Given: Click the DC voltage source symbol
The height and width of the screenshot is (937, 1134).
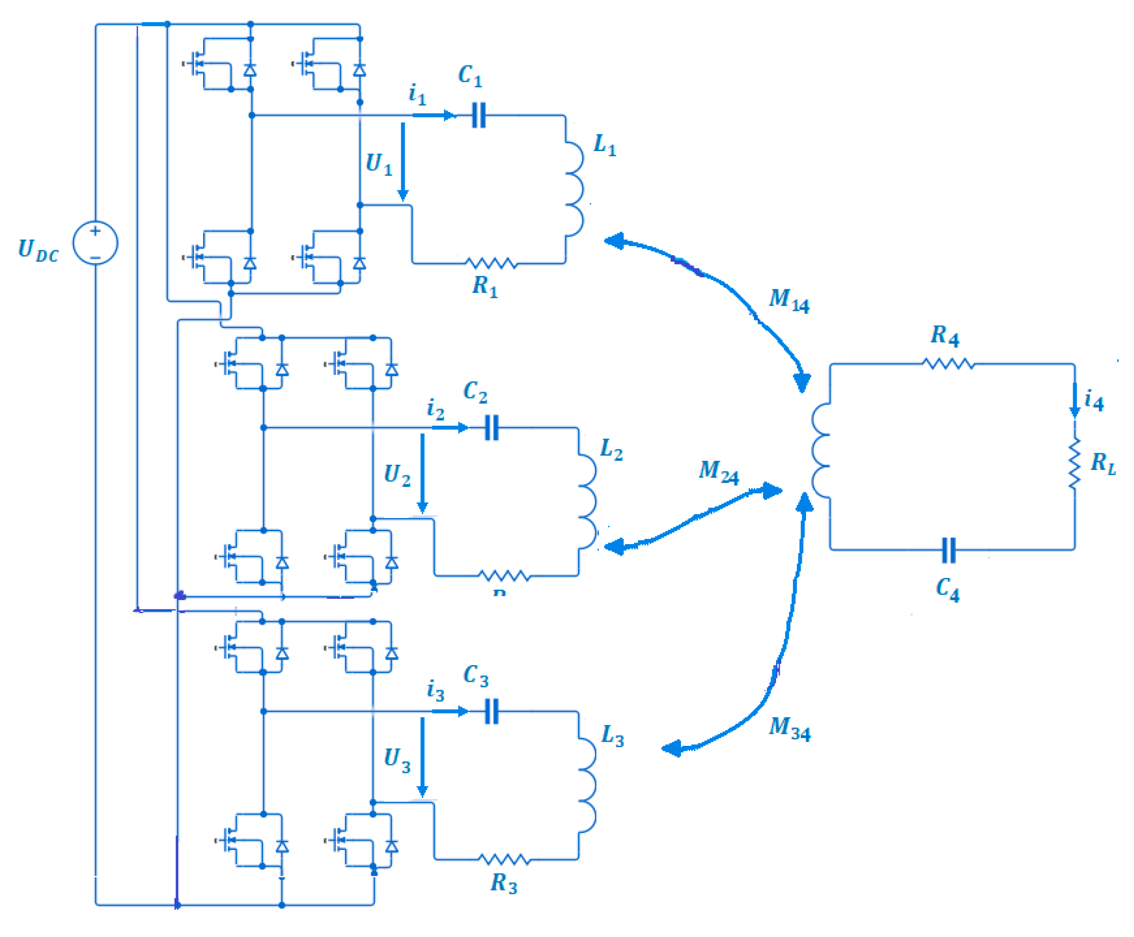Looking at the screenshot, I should [95, 242].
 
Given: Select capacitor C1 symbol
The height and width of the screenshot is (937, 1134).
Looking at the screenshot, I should [478, 115].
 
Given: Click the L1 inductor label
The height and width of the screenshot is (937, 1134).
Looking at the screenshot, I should [604, 145].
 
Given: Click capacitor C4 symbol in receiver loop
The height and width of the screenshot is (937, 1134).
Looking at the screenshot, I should [948, 550].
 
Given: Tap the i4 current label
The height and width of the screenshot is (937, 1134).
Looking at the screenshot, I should [1093, 400].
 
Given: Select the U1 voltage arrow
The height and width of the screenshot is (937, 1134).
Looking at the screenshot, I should [402, 161].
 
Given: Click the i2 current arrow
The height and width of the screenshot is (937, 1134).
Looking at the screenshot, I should [449, 428].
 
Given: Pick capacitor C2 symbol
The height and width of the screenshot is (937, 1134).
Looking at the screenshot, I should [491, 428].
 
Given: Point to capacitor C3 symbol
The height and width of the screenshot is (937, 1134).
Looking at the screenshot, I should [491, 711].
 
